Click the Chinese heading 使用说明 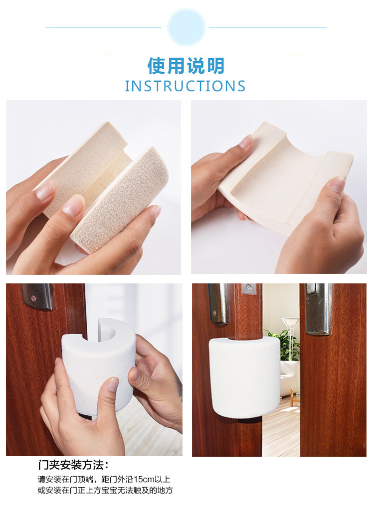(x=186, y=66)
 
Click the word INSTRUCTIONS (x=185, y=86)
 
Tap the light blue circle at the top (x=187, y=27)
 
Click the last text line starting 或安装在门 (x=105, y=490)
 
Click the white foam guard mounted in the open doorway (x=244, y=378)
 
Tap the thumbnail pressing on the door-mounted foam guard (x=113, y=384)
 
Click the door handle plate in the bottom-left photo (x=38, y=296)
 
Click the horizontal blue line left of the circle (x=104, y=28)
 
